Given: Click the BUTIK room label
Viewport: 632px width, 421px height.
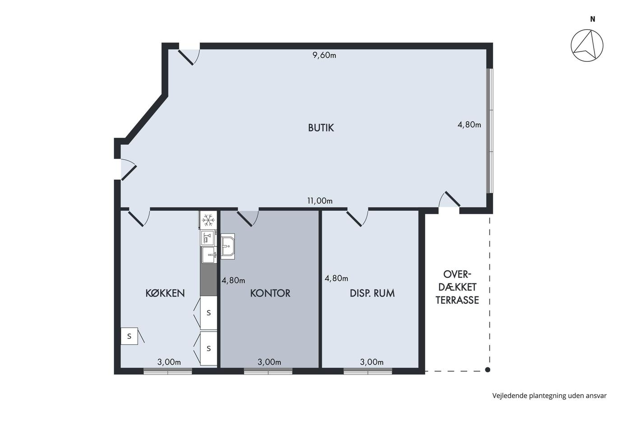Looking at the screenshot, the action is point(321,128).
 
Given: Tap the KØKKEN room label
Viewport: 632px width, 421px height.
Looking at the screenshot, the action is point(165,293).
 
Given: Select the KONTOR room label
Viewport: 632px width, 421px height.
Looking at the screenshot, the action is point(270,293).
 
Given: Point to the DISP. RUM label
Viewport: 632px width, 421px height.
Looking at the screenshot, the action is point(372,293).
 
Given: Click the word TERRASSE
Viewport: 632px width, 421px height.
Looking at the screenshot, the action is point(457,301).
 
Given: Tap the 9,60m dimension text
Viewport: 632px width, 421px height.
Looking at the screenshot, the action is point(324,55).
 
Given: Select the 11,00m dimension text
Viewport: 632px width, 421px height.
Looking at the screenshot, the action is point(320,201).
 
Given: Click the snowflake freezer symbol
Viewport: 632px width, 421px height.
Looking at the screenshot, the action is point(208,220).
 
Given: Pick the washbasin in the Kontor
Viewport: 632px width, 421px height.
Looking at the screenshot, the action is point(228,246).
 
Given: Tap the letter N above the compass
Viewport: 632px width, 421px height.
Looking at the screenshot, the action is point(593,19).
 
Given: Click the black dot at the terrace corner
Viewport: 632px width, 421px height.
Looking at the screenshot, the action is point(488,370).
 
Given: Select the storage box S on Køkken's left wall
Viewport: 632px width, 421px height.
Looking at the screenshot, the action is point(129,336).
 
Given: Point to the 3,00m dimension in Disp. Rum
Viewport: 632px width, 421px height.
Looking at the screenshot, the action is point(372,362).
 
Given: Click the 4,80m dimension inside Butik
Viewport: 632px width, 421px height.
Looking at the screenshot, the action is point(469,125).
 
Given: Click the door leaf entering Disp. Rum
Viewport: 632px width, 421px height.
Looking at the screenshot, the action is point(354,219).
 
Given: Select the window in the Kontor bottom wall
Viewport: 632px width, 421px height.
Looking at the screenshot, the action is point(268,371).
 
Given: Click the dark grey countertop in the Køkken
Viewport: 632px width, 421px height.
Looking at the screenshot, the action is point(209,280).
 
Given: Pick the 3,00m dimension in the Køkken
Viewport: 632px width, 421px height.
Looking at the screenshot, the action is point(169,362).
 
